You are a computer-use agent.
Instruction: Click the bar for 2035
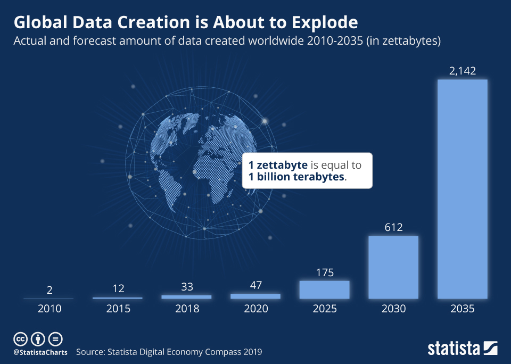462,189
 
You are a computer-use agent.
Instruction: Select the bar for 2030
393,267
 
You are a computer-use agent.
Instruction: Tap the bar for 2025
324,289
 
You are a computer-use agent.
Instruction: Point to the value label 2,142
462,71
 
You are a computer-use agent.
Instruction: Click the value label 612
393,227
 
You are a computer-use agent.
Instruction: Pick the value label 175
324,272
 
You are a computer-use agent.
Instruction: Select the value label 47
255,286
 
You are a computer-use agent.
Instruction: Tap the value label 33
186,287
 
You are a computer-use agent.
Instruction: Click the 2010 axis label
49,309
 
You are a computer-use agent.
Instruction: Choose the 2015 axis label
118,309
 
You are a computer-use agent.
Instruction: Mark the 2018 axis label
186,309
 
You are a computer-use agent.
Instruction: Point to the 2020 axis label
255,309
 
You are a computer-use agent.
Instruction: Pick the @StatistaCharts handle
40,352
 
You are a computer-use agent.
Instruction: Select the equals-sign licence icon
55,339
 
